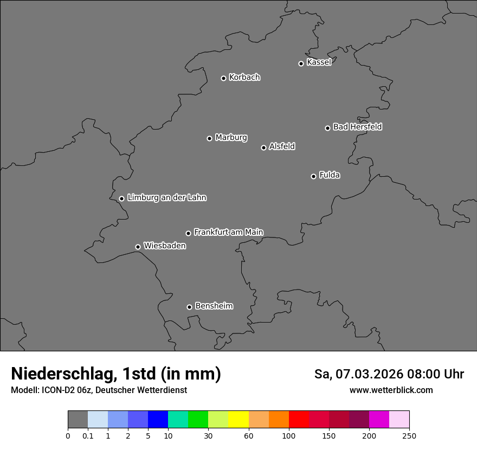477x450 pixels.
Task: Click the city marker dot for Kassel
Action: (301, 63)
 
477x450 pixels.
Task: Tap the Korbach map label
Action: (244, 78)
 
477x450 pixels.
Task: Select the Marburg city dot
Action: (209, 138)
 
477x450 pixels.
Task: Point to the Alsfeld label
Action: (282, 146)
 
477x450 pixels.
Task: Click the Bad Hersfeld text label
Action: (357, 127)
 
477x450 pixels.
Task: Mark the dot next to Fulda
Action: (313, 176)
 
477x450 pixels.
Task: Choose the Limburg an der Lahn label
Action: (166, 197)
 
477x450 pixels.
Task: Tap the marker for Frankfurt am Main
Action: (188, 233)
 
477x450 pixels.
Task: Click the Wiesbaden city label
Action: (164, 246)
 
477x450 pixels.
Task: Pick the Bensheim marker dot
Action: (189, 307)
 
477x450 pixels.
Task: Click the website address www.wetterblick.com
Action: (391, 390)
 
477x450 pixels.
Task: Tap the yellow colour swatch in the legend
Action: (238, 420)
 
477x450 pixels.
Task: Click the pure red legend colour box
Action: (299, 420)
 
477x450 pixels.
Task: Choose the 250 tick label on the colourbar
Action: (409, 436)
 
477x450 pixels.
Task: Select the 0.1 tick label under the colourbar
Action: (88, 436)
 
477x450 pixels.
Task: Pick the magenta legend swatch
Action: (379, 420)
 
